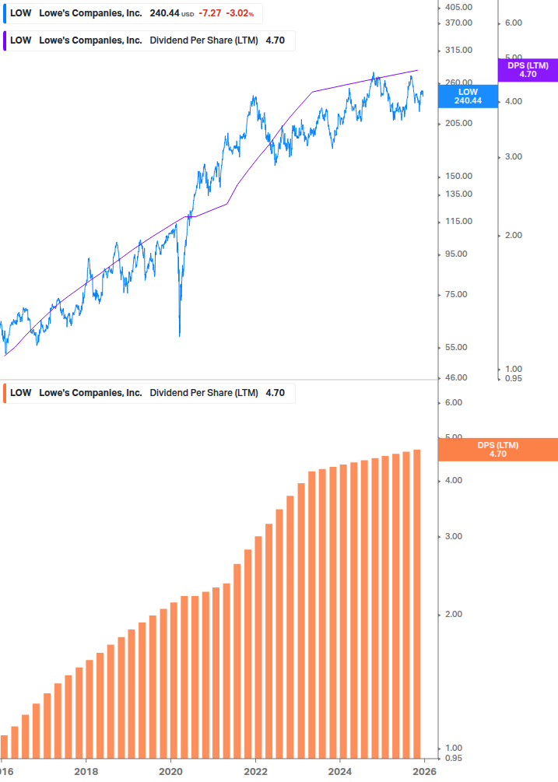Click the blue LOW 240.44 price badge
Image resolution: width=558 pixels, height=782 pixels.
[x=468, y=96]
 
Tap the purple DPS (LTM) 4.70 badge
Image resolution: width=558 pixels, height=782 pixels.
[x=528, y=70]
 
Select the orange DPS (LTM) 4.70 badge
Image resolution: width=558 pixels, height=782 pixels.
[x=498, y=450]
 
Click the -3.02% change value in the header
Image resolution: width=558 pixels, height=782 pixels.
[x=240, y=13]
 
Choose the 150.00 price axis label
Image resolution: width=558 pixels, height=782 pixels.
[x=457, y=176]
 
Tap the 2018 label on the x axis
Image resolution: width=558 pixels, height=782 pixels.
[x=86, y=771]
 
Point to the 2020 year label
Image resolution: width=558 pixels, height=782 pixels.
[x=170, y=771]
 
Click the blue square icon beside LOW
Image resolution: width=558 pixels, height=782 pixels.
[x=5, y=13]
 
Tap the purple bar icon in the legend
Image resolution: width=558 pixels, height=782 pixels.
[x=5, y=40]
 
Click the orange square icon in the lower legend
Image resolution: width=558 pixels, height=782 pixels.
[x=5, y=393]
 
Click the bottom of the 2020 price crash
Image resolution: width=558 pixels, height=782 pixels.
[x=180, y=335]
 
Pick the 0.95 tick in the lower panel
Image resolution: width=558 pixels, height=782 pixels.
[x=453, y=758]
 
